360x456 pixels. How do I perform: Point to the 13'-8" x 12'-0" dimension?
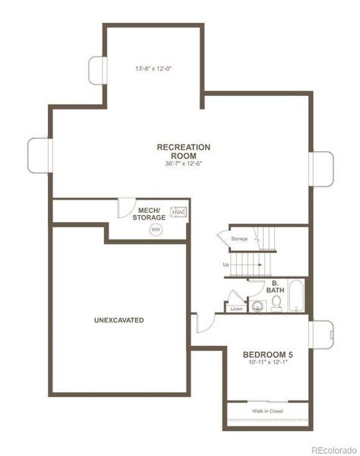click(153, 69)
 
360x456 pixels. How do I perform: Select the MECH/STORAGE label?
click(148, 214)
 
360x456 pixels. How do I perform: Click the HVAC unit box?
click(178, 213)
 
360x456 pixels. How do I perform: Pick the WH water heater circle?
click(156, 229)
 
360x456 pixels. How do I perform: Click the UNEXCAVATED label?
click(118, 320)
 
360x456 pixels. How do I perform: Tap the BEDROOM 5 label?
click(267, 354)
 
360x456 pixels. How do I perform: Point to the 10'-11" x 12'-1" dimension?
click(267, 364)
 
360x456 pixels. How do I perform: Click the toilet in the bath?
click(276, 303)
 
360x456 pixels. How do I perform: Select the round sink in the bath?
click(258, 307)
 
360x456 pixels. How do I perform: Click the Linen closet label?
click(235, 309)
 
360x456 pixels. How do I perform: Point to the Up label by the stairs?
click(226, 264)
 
